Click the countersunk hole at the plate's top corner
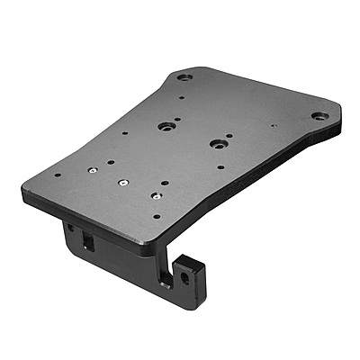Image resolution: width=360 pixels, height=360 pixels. [x=184, y=78]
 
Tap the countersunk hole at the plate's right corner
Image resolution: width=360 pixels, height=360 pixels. [x=319, y=116]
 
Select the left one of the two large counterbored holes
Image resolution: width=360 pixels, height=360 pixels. [x=167, y=127]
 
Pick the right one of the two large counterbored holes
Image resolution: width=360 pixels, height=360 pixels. [x=216, y=142]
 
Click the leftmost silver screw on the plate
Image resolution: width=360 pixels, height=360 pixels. [x=93, y=168]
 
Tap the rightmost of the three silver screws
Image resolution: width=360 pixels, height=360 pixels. [x=156, y=193]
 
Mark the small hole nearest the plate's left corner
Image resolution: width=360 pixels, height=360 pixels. [x=58, y=175]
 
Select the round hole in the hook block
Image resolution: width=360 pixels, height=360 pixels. [x=187, y=279]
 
